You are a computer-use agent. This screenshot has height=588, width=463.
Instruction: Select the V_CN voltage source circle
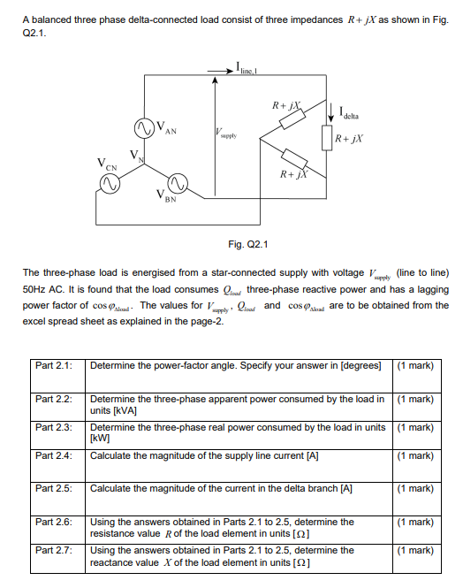(x=110, y=182)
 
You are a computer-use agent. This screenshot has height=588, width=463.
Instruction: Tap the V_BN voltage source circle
(x=177, y=182)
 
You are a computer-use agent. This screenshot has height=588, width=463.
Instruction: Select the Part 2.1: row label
(x=53, y=365)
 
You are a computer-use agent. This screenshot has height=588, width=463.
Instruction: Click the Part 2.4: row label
(x=53, y=456)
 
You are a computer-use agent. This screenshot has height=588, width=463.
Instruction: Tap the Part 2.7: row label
(x=53, y=550)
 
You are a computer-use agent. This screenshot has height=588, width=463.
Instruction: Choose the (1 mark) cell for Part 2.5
(x=415, y=487)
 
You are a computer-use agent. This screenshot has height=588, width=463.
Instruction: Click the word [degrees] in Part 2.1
(x=360, y=365)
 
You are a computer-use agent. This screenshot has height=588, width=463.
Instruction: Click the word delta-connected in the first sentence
(x=141, y=19)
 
